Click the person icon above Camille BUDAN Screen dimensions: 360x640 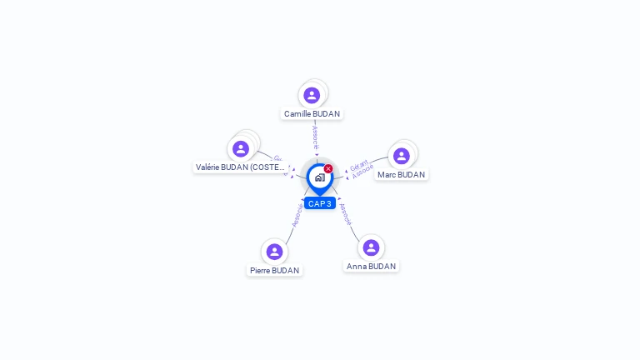point(312,95)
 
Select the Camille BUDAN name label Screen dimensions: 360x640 point(312,113)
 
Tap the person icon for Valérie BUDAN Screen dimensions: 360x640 point(241,148)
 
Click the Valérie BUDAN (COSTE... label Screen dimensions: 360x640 point(240,167)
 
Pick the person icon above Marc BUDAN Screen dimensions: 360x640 point(402,156)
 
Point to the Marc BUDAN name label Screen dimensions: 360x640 point(401,175)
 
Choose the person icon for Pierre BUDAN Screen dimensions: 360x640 point(274,252)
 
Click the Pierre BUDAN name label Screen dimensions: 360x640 point(274,270)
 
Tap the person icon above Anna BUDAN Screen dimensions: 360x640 point(372,247)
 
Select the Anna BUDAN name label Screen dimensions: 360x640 point(371,266)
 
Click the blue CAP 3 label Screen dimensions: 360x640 point(320,203)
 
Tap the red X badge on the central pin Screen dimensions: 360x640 point(328,168)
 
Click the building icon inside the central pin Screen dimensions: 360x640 point(319,177)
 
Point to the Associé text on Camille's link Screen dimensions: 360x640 point(315,137)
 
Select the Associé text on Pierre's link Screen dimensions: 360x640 point(296,215)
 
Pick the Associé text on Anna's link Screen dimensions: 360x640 point(345,214)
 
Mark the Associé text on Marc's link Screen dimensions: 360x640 point(363,172)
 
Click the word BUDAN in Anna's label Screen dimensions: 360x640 point(382,266)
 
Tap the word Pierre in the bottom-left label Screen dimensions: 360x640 point(261,270)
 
